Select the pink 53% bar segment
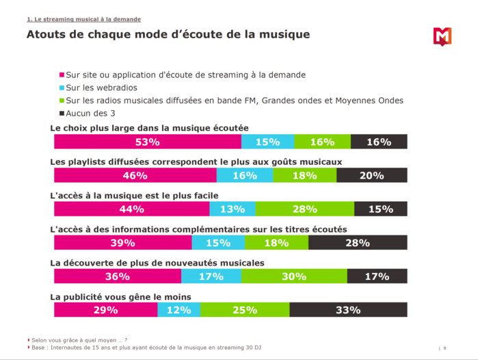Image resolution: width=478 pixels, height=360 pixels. [148, 142]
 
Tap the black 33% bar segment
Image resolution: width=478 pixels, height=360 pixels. [348, 309]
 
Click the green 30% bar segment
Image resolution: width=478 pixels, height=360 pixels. [294, 276]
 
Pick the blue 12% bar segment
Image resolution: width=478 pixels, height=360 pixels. [178, 309]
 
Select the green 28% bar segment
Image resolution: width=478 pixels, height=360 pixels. [305, 209]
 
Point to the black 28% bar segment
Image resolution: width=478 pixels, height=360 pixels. [358, 242]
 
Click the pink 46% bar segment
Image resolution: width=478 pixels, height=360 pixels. [135, 175]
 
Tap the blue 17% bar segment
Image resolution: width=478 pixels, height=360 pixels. [211, 276]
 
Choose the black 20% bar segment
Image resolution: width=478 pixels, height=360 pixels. [371, 175]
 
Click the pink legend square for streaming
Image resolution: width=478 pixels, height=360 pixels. [62, 75]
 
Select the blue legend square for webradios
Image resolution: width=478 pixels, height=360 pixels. [62, 88]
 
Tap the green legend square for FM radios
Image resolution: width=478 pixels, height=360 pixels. [62, 101]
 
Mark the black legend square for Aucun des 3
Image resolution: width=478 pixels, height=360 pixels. [62, 113]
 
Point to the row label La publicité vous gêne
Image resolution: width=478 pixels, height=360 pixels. [120, 296]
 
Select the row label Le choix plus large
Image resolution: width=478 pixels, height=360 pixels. [149, 128]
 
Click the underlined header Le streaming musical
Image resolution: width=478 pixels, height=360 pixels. [83, 19]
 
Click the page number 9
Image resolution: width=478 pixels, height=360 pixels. [444, 348]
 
